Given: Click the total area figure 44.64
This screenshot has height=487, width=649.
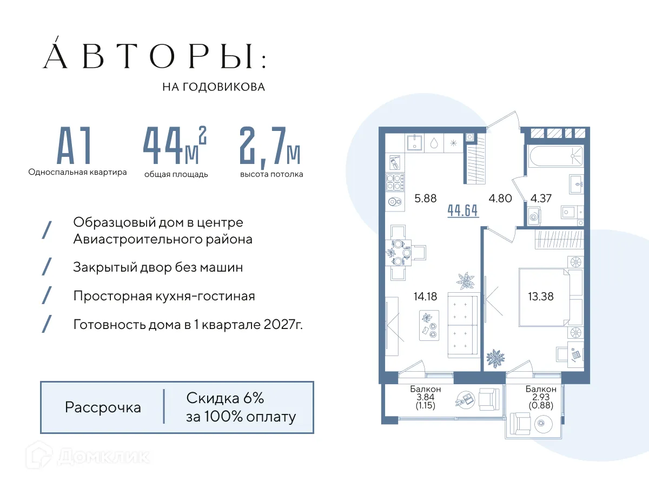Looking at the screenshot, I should [463, 210].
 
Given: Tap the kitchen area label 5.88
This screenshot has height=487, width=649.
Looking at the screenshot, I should [425, 199].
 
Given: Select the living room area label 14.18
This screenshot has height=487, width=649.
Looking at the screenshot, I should [425, 296].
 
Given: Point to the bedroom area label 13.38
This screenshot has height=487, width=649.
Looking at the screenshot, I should [541, 296].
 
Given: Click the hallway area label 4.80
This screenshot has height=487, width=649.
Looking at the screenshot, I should [500, 199].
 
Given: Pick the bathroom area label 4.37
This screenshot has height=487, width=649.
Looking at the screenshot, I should [541, 199].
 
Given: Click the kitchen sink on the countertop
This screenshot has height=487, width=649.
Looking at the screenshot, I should [416, 143].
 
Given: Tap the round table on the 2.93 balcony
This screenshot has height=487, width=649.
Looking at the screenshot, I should [542, 425].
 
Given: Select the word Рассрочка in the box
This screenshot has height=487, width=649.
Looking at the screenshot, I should [103, 407].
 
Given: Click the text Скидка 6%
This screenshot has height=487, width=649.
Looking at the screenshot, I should [225, 399].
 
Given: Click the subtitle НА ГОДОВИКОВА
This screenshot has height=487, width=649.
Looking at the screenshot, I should [214, 87].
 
